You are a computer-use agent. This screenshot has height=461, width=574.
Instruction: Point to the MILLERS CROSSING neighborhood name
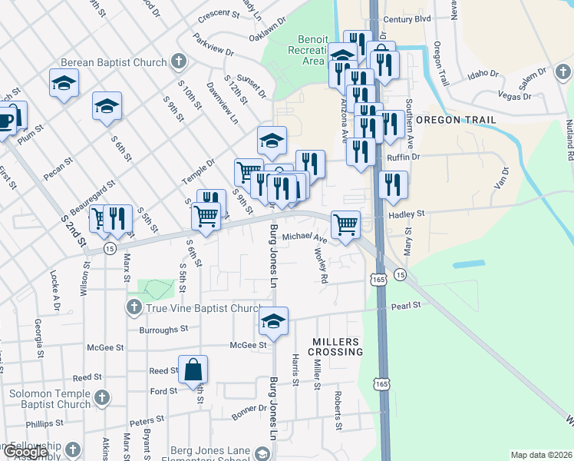coord(335,346)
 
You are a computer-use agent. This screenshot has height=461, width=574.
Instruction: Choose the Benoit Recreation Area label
coord(312,50)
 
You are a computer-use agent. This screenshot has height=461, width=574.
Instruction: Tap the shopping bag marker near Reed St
coord(193,370)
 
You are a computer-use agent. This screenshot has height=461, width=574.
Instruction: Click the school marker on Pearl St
coord(272,322)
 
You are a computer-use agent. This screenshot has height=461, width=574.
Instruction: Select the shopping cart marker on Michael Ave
coord(345,225)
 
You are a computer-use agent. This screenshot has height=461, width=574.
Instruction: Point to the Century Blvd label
coord(407,18)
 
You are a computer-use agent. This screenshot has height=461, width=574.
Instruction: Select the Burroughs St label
coord(163,329)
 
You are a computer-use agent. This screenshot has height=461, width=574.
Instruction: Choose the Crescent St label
coord(219,14)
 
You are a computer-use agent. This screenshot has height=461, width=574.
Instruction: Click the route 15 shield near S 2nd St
coord(110,249)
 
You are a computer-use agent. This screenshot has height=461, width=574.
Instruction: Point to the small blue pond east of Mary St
coord(468,264)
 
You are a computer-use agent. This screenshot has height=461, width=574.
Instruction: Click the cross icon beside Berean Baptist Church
coord(178,61)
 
